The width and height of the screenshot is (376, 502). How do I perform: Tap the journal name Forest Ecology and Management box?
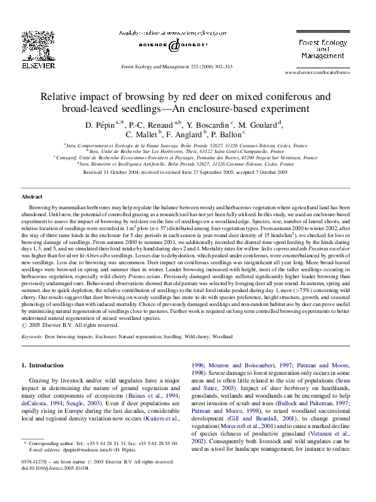317,47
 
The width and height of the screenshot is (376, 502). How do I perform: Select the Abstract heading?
32,197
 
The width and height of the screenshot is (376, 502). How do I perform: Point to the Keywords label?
32,338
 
